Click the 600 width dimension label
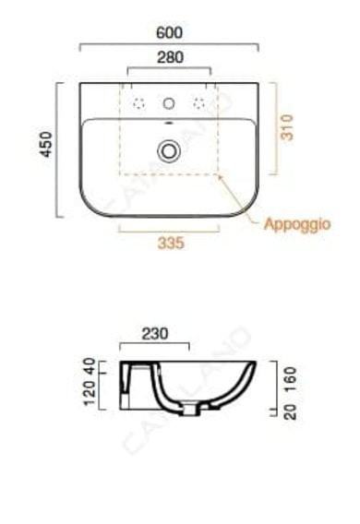click(x=170, y=32)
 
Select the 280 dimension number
click(x=171, y=57)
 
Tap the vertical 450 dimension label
click(x=46, y=144)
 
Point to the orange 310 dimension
click(x=287, y=127)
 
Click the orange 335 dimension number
click(x=171, y=243)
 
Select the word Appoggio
click(x=297, y=224)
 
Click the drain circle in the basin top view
click(x=169, y=151)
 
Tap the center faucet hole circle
click(x=169, y=103)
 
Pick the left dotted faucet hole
click(x=138, y=103)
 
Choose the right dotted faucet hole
click(x=199, y=103)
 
